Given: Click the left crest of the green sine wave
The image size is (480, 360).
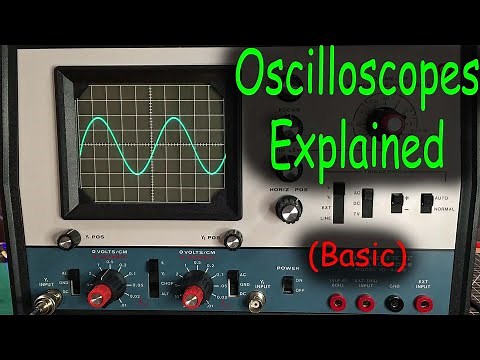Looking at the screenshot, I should pos(103,122).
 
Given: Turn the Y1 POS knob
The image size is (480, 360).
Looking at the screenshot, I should pos(70,239).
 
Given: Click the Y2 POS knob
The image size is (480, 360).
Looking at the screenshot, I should pos(233,239).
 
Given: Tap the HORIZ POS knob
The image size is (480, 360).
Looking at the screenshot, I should pos(291,209).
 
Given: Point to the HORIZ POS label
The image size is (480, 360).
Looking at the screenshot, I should pos(289,188).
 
